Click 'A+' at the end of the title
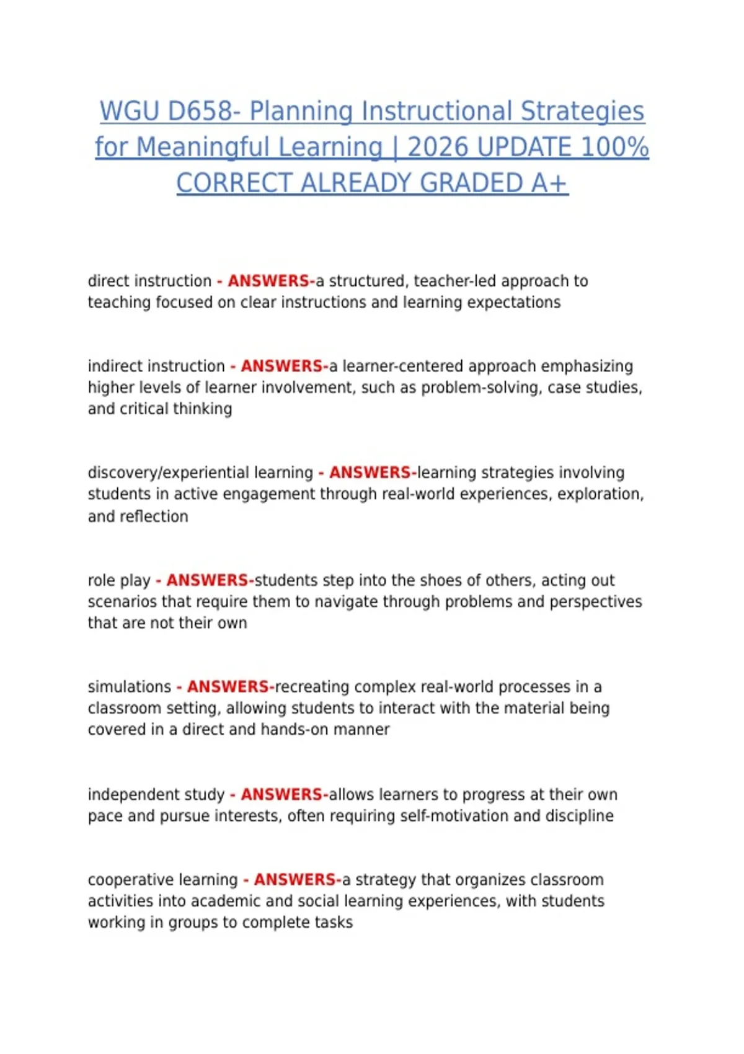tap(549, 184)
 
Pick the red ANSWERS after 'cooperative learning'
tap(294, 880)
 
